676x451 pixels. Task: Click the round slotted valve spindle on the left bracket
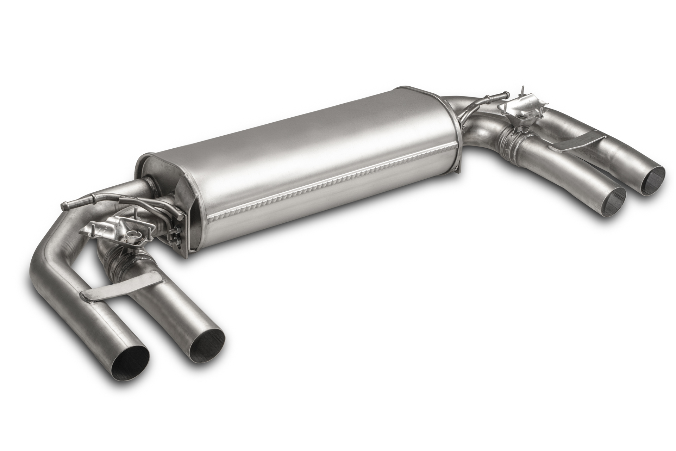tap(134, 233)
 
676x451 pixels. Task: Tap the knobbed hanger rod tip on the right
tap(506, 94)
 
